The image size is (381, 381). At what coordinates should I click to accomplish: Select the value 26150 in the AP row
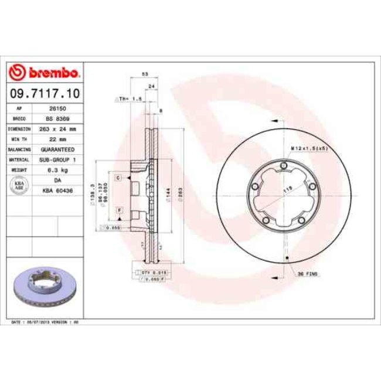(57, 109)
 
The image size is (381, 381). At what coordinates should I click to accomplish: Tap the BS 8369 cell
(57, 118)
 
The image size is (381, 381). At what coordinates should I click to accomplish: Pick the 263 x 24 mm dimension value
(57, 128)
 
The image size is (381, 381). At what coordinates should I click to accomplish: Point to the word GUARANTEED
(57, 149)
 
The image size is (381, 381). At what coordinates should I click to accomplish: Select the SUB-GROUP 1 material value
(57, 159)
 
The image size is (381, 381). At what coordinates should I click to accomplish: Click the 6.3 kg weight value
(57, 169)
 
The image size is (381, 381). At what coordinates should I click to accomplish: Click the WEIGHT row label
(16, 169)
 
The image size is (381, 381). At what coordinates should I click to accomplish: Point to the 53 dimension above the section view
(144, 74)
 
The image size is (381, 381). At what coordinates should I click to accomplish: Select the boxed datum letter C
(118, 177)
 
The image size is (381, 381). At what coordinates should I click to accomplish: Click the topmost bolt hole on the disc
(283, 168)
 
